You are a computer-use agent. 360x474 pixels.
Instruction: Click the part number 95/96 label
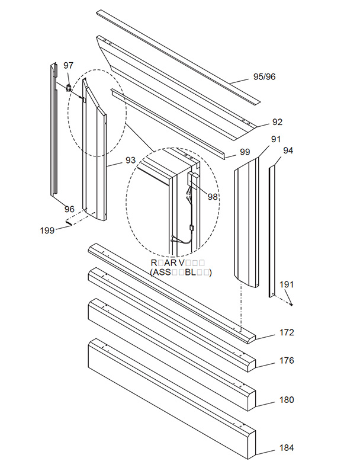264,76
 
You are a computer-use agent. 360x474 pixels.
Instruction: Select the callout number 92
277,122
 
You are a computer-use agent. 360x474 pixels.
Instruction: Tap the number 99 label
245,152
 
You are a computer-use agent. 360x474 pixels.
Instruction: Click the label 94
288,150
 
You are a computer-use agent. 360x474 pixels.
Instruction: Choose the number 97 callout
69,65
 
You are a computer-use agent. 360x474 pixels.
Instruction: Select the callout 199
47,230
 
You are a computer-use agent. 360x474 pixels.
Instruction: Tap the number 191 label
287,285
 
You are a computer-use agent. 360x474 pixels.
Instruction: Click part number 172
287,333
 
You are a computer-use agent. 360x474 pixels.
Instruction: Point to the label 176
287,360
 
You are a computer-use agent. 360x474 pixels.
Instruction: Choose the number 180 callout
287,400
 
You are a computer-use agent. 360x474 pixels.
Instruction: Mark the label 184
287,448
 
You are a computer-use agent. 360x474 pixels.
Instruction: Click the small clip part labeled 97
69,88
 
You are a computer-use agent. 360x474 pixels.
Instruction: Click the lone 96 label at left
69,209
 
